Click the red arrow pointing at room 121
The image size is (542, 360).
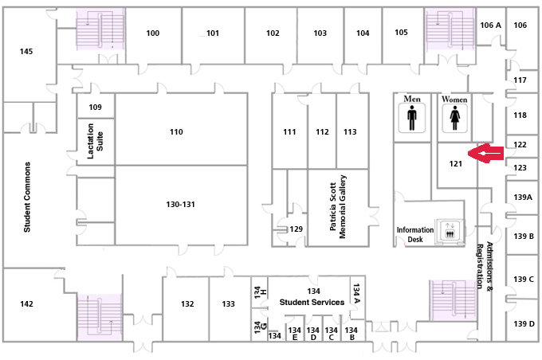coord(485,153)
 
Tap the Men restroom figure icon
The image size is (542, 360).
coord(411,118)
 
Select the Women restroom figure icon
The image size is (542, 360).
coord(454,118)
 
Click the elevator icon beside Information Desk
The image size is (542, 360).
coord(450,230)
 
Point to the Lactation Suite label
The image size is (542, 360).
coord(95,141)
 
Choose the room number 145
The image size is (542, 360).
coord(26,52)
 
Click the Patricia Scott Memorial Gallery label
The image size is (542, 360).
coord(338,206)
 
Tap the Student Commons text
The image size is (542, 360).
coord(27,197)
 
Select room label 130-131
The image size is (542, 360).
coord(180,204)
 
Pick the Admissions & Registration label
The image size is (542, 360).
coord(485,265)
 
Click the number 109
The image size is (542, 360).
coord(95,107)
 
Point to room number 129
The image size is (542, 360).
coord(297,229)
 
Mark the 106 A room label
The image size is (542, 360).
coord(490,25)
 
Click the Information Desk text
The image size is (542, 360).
coord(414,234)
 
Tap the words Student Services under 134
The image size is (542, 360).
coord(312,303)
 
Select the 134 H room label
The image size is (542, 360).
coord(260,292)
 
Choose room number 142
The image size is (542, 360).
coord(26,304)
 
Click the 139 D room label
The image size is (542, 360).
coord(524,323)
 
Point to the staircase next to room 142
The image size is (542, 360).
coord(100,317)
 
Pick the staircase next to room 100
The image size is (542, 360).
coord(100,29)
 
